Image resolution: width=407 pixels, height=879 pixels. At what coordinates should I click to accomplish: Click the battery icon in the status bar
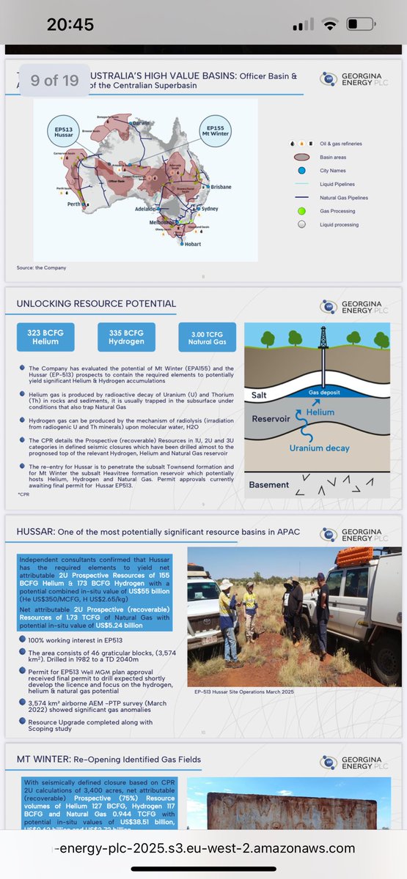coord(360,24)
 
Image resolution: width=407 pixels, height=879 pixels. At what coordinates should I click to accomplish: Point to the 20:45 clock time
coord(70,24)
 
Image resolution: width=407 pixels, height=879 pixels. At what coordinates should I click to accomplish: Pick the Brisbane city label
coord(220,187)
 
